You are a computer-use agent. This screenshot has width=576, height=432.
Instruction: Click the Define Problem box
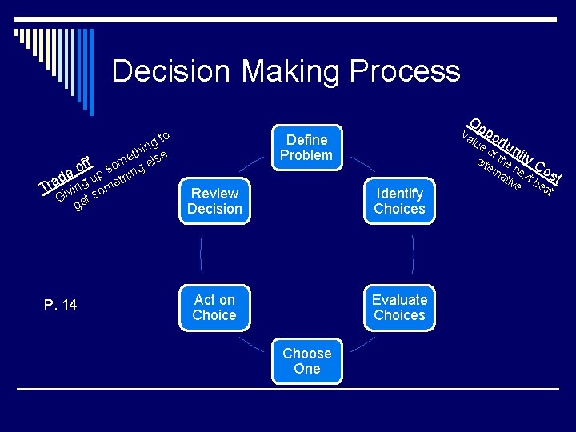[306, 147]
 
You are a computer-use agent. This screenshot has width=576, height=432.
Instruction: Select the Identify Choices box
[399, 201]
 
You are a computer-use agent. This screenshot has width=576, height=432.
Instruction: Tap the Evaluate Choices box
[399, 307]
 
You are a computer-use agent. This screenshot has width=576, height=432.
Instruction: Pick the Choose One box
[306, 361]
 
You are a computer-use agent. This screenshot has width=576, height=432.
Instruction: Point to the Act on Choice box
[214, 307]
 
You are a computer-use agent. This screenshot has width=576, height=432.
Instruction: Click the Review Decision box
[214, 201]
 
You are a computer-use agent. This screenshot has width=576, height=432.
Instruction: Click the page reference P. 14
[60, 304]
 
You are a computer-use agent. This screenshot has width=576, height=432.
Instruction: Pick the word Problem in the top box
[306, 155]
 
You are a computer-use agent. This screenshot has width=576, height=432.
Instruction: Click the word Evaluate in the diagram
[399, 299]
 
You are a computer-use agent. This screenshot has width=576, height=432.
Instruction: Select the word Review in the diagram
[214, 193]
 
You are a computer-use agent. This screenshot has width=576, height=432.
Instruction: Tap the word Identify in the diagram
[399, 193]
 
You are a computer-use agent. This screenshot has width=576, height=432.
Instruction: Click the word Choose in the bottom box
[306, 353]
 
